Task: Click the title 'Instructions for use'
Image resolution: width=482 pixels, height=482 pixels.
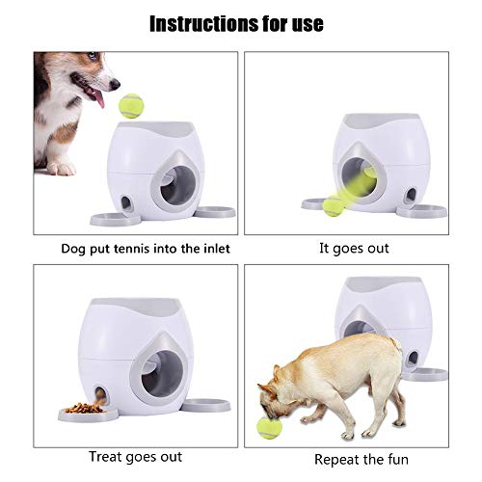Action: point(241,22)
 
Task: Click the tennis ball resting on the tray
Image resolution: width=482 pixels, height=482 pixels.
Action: point(333,204)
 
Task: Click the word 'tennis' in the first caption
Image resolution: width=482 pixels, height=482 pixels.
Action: point(121,248)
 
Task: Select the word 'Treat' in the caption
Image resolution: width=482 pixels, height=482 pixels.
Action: point(109,455)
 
